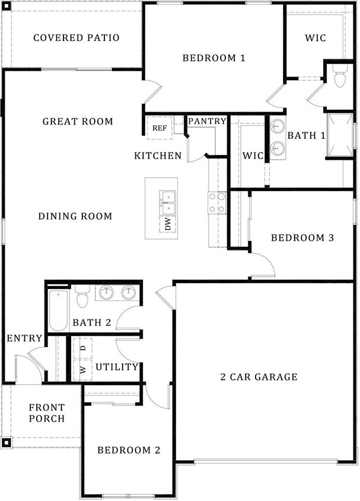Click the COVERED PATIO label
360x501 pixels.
point(76,38)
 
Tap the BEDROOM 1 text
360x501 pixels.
point(214,58)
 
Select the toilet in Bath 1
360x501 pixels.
point(339,78)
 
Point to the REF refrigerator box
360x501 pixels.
point(160,128)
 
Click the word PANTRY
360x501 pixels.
point(207,121)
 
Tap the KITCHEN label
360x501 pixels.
point(158,156)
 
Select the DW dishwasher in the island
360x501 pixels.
point(168,224)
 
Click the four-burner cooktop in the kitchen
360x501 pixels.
point(216,202)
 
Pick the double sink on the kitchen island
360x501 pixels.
point(168,202)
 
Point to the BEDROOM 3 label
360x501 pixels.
point(302,238)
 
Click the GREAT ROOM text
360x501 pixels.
point(78,122)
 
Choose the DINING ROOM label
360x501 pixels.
point(75,216)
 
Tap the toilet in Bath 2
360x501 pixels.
point(82,296)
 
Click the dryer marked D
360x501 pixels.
point(83,348)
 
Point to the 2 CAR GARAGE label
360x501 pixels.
point(259,377)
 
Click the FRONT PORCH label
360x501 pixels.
point(47,413)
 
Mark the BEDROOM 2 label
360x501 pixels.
point(129,450)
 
